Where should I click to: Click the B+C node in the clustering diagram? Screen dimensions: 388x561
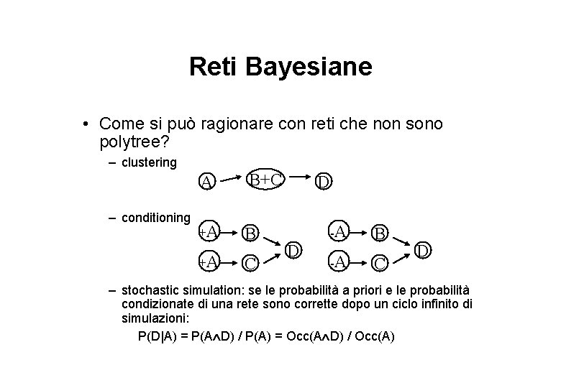(x=266, y=178)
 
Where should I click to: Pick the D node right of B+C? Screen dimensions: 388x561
(x=324, y=183)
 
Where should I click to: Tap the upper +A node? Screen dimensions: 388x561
(x=209, y=231)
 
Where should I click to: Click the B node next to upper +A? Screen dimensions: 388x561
(x=250, y=233)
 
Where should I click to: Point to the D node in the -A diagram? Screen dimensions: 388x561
(x=424, y=251)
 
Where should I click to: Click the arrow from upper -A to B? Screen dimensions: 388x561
(x=360, y=231)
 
